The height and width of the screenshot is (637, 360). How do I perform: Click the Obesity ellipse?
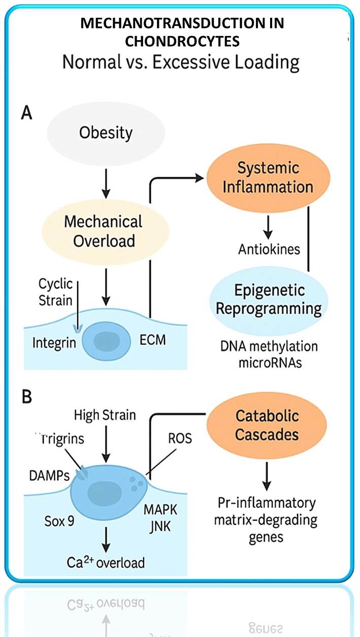106,134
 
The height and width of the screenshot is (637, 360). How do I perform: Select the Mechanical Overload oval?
104,231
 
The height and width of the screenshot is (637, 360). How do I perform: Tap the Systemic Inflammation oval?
268,177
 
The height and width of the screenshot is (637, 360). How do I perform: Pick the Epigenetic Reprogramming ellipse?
270,300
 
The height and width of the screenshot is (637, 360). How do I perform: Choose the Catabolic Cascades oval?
267,425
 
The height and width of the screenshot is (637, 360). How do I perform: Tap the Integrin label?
54,342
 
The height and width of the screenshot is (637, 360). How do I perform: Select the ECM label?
153,340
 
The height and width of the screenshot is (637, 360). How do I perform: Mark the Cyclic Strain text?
55,292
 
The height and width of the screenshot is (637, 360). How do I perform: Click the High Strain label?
105,415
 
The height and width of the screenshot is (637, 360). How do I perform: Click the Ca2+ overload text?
106,562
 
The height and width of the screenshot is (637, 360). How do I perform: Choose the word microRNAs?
269,363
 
